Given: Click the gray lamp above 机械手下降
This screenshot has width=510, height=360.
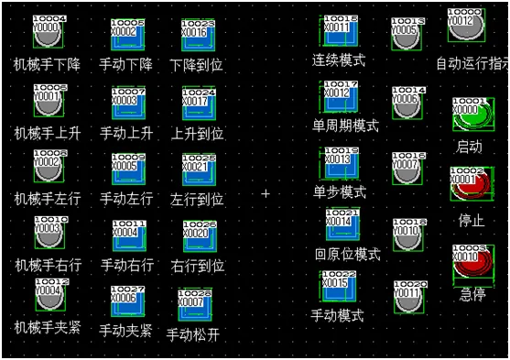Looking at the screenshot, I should click(x=49, y=34).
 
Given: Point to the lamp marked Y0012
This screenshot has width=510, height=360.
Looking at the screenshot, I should click(x=464, y=26).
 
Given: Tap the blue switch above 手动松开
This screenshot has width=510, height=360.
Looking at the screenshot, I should click(x=195, y=307).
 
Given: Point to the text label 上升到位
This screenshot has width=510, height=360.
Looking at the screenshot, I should click(x=197, y=133).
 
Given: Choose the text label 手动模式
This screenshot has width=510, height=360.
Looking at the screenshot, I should click(x=337, y=316).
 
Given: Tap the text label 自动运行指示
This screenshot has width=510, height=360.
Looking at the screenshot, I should click(x=472, y=66).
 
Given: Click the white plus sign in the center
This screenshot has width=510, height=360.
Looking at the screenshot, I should click(x=266, y=194).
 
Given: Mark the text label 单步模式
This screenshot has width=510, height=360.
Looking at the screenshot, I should click(x=340, y=192).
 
